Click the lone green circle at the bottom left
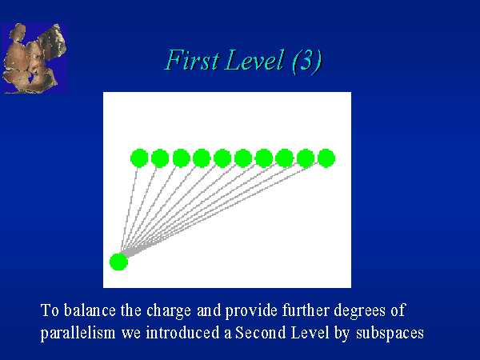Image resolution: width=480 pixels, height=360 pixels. pos(118,262)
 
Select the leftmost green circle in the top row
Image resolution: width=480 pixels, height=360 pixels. pos(139,158)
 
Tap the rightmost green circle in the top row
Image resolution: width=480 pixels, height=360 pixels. pos(326,158)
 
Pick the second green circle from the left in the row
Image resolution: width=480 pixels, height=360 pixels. pos(160,158)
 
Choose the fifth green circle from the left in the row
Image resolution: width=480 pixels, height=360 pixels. pos(222,158)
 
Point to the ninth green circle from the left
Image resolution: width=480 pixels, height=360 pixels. pos(306,158)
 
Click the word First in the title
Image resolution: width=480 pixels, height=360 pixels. pos(192,60)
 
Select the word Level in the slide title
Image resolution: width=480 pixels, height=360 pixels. pos(254,60)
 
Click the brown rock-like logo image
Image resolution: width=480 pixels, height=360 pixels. pos(34,58)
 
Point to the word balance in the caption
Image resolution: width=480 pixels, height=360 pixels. pos(90,310)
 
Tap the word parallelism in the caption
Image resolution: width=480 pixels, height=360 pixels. pos(78,334)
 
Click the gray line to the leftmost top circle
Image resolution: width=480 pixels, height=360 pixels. pos(129,210)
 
